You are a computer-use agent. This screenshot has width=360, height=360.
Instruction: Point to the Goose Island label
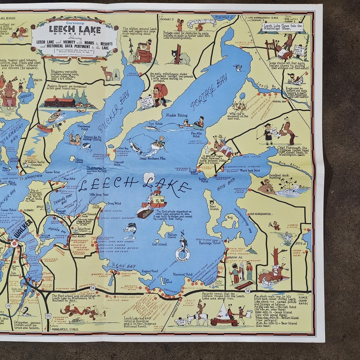(79, 160)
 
